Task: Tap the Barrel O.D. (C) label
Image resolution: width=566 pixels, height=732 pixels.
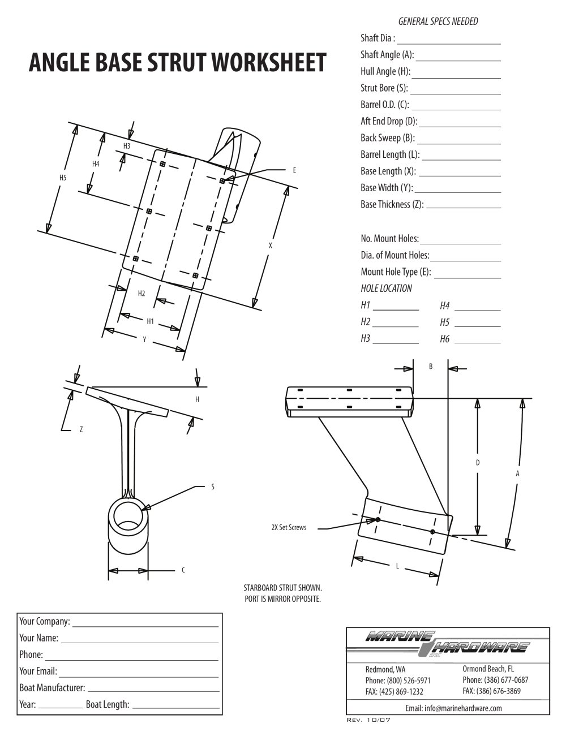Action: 384,105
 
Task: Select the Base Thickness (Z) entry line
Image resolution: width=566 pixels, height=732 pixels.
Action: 464,208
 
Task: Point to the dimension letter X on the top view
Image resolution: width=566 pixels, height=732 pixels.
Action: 271,246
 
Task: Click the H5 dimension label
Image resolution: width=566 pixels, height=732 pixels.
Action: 63,178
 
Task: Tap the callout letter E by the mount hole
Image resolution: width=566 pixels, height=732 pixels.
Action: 294,170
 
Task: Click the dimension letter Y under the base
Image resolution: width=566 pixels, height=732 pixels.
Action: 144,339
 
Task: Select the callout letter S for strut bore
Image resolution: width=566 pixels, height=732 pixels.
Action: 213,486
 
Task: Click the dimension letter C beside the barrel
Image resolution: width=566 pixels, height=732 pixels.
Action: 183,570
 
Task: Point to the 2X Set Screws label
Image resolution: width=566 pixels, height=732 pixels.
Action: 289,528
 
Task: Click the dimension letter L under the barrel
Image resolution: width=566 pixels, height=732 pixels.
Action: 397,566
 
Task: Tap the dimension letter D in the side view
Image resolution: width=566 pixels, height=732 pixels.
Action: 478,463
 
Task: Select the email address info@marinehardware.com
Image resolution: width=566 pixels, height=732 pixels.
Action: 453,708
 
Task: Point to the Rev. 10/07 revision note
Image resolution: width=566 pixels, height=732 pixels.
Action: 368,720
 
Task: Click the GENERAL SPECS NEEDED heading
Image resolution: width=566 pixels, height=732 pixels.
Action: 438,21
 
